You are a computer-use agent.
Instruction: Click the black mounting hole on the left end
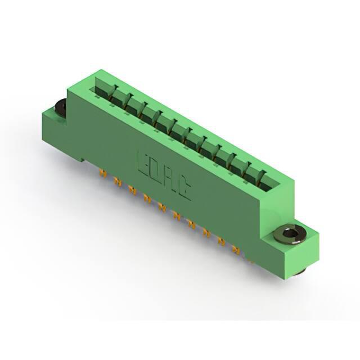[x=60, y=106]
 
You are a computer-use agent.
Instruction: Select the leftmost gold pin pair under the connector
[x=103, y=174]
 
